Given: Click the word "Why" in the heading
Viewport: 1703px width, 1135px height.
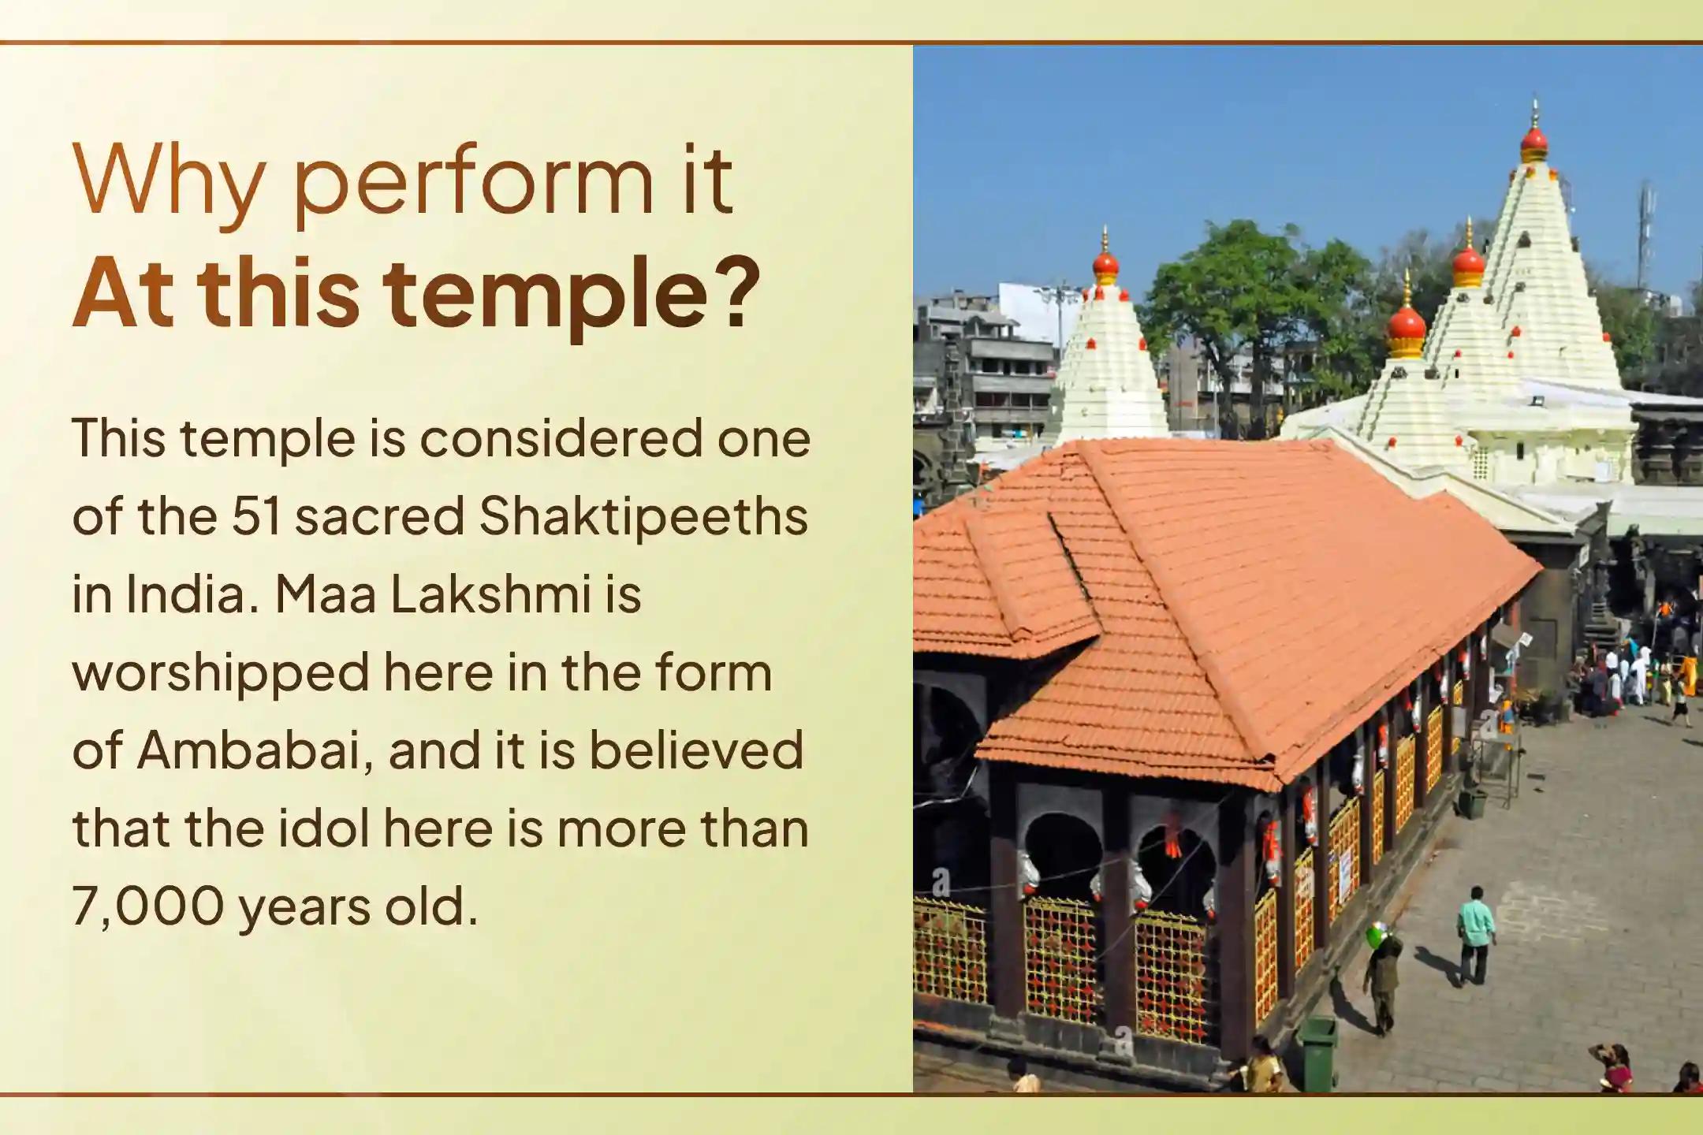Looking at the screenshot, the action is coord(168,182).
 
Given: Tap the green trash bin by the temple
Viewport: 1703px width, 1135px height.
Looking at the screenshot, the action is coord(1317,1055).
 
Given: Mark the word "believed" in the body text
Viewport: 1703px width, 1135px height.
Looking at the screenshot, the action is coord(697,751).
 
